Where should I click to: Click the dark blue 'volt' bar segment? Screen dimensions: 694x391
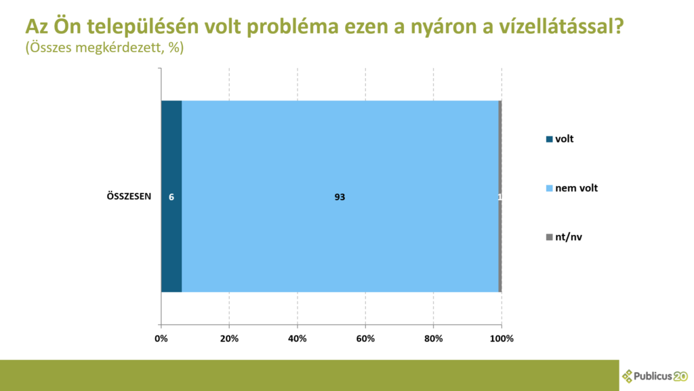(x=171, y=196)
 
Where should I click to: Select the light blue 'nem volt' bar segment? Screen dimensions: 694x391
(x=340, y=196)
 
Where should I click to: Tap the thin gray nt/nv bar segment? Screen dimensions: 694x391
(x=499, y=196)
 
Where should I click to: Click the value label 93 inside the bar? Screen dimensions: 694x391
(x=340, y=197)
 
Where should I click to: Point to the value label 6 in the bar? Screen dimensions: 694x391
(x=171, y=197)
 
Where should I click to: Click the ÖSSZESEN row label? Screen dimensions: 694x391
(x=129, y=196)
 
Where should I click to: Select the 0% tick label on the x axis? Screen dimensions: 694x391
(x=161, y=339)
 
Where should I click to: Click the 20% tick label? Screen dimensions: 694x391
(x=229, y=339)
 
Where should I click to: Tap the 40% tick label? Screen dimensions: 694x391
(x=298, y=339)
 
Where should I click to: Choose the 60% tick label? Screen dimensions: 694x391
(x=365, y=339)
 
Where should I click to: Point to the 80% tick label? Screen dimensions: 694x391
(x=433, y=339)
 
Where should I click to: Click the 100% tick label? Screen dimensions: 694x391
(x=502, y=339)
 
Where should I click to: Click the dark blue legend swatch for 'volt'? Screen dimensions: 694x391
(x=549, y=139)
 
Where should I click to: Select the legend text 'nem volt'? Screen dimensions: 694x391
(x=576, y=188)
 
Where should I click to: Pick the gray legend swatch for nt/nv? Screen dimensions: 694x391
(x=549, y=237)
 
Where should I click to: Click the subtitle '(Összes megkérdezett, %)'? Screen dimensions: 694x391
(x=104, y=48)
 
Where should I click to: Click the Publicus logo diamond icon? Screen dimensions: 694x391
(x=627, y=376)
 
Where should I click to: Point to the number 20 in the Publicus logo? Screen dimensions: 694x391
(x=680, y=376)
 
